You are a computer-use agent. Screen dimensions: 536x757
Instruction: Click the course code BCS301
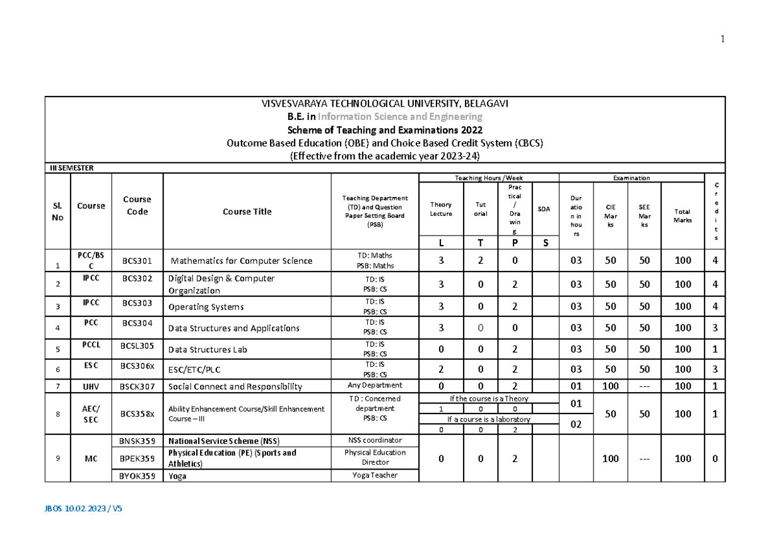(x=137, y=259)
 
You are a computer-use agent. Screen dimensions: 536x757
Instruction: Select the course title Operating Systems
(x=206, y=307)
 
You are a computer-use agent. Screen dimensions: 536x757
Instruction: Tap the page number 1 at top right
(x=722, y=39)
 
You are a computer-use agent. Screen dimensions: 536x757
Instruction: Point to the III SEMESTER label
(x=72, y=168)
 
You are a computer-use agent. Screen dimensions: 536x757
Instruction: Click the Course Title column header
(x=247, y=211)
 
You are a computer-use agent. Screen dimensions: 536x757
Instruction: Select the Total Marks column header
(x=683, y=216)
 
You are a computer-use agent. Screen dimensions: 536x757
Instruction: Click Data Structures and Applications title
(x=233, y=328)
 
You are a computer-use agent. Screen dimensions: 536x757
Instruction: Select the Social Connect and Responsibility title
(x=235, y=386)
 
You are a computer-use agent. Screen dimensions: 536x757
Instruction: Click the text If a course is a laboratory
(x=488, y=419)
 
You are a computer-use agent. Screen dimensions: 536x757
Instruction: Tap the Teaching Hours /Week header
(x=488, y=178)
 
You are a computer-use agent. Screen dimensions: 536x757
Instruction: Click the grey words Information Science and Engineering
(x=400, y=117)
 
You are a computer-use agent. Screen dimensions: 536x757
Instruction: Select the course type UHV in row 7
(x=91, y=385)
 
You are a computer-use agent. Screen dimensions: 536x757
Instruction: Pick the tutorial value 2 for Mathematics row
(x=481, y=260)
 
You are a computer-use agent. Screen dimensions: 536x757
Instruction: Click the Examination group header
(x=631, y=178)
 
